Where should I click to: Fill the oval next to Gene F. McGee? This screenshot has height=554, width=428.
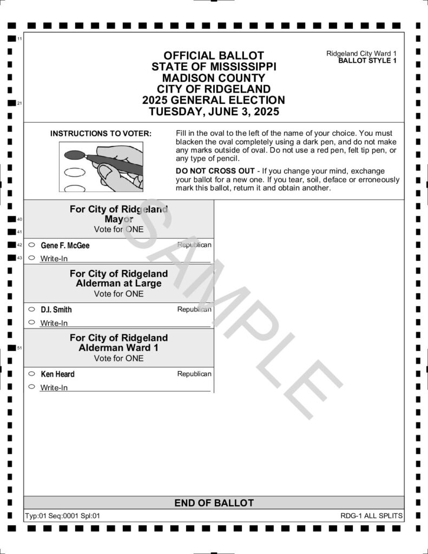(x=31, y=245)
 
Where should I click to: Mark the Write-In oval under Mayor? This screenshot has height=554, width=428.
(x=31, y=258)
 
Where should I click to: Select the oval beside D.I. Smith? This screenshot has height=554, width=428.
(x=31, y=309)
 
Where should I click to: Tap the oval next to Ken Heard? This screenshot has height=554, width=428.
(x=31, y=374)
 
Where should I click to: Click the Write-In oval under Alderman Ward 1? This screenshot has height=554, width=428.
(x=31, y=387)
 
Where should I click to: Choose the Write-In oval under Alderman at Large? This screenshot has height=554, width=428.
(x=31, y=322)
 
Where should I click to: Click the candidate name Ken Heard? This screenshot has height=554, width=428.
(x=58, y=374)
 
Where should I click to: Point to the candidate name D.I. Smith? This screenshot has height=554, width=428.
(x=56, y=310)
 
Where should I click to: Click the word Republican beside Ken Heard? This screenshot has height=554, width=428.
(x=194, y=374)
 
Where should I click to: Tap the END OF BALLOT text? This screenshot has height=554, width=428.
(x=214, y=503)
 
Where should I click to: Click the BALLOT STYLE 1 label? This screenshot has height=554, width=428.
(x=367, y=61)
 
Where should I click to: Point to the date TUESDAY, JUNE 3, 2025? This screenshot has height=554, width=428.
(x=214, y=112)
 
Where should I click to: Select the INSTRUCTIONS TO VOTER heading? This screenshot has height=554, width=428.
(x=101, y=133)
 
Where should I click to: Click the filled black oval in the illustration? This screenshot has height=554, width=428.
(x=72, y=155)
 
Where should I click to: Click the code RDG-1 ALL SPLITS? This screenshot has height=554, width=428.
(x=372, y=516)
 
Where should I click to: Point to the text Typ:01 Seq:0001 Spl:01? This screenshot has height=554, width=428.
(x=63, y=516)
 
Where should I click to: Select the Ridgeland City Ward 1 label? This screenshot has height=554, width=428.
(x=361, y=54)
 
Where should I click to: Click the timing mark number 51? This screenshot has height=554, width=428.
(x=19, y=348)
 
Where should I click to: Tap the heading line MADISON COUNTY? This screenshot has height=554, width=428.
(x=214, y=78)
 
